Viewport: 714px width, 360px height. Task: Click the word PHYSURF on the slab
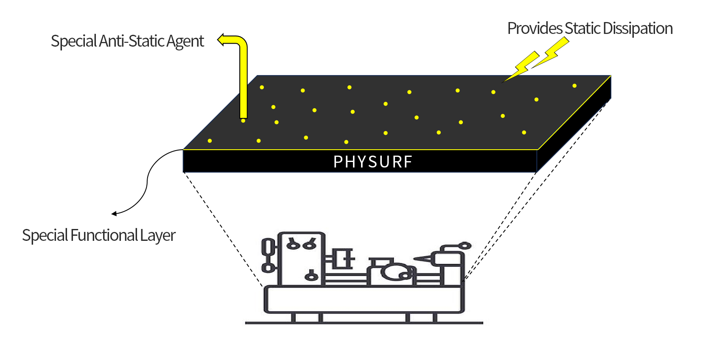point(372,162)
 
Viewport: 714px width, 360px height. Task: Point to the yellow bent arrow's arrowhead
point(221,40)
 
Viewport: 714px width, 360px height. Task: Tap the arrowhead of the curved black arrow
point(114,213)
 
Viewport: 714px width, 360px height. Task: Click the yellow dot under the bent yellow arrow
point(243,121)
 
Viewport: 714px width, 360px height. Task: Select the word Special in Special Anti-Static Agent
point(74,42)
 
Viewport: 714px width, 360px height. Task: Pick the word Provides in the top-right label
point(535,28)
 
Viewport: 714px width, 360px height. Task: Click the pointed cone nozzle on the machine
point(423,259)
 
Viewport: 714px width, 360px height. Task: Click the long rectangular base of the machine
point(364,299)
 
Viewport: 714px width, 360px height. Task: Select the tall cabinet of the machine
point(302,259)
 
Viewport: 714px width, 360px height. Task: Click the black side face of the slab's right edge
point(574,124)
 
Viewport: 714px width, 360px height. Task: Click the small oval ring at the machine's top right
point(465,246)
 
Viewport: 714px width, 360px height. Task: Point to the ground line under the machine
point(364,323)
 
